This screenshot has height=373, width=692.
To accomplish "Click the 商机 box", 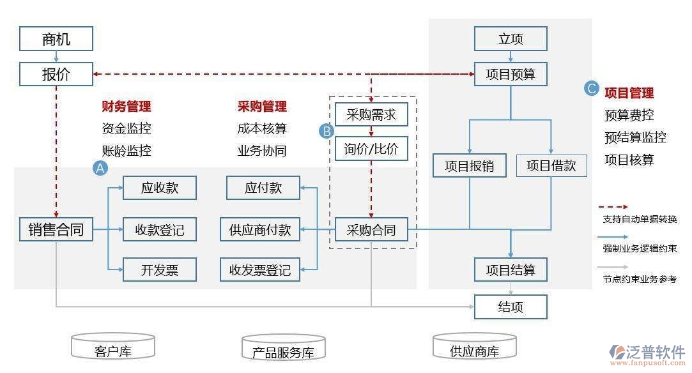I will (x=56, y=39).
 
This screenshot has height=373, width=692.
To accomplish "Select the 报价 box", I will (x=56, y=74).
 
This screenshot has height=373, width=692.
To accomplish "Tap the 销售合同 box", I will (x=56, y=229).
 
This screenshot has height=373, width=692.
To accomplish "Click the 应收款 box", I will (x=160, y=188).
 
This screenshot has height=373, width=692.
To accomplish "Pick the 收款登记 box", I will (x=160, y=229).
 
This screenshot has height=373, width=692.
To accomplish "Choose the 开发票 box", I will (x=160, y=270).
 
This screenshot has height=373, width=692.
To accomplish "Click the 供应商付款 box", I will (x=260, y=229).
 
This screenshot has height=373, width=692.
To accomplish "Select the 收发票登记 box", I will (x=260, y=270).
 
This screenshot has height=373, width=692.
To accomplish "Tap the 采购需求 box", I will (x=371, y=114).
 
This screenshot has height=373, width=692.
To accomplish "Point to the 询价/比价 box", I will (x=371, y=149).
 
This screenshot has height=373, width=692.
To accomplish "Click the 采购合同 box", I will (x=371, y=229).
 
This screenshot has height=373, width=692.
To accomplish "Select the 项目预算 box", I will (x=511, y=74).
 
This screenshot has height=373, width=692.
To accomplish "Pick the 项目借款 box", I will (x=551, y=165).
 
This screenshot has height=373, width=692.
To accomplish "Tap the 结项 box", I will (x=511, y=307).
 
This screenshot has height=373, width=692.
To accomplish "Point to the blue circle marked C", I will (x=592, y=89).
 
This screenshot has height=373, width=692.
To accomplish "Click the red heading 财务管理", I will (x=127, y=107).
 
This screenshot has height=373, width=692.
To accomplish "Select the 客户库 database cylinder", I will (x=113, y=347).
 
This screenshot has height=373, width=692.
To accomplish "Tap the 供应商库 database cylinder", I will (x=475, y=347).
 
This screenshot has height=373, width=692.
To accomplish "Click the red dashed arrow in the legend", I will (x=613, y=206).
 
